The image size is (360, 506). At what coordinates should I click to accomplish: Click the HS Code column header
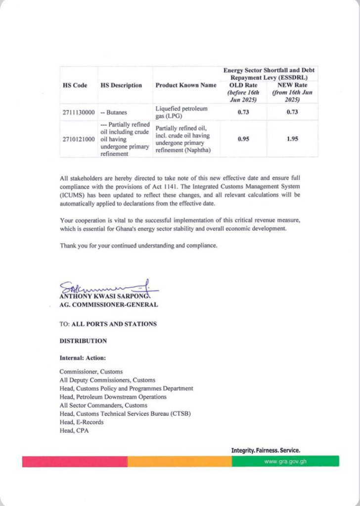[x=75, y=85]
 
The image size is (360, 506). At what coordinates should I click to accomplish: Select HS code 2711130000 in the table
[x=79, y=113]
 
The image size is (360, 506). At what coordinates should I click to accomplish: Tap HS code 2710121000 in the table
[x=79, y=139]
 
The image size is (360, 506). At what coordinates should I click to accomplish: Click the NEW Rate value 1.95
[x=292, y=139]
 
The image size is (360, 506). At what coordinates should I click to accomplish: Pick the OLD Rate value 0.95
[x=243, y=139]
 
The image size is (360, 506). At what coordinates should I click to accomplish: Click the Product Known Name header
[x=186, y=85]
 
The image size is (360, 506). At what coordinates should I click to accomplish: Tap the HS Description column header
[x=121, y=85]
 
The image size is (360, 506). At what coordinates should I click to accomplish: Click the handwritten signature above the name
[x=106, y=288]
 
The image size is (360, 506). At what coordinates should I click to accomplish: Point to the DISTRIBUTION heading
[x=83, y=341]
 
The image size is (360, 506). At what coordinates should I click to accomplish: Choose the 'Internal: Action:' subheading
[x=83, y=357]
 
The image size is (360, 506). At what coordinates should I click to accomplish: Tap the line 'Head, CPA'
[x=74, y=430]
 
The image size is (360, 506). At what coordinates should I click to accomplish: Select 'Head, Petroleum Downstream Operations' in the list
[x=113, y=397]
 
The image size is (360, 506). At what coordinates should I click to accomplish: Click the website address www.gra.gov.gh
[x=285, y=462]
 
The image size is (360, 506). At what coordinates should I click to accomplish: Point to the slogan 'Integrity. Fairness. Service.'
[x=266, y=450]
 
